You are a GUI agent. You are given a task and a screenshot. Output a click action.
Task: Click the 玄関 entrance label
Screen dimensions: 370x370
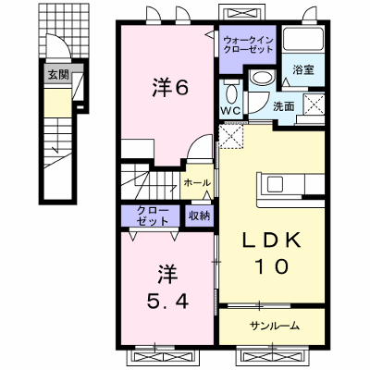(58, 74)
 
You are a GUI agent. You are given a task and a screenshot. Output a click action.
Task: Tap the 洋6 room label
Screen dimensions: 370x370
(170, 88)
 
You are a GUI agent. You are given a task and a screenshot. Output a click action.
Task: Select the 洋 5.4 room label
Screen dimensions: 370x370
(167, 288)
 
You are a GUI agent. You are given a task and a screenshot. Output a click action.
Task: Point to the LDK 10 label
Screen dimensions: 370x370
(271, 253)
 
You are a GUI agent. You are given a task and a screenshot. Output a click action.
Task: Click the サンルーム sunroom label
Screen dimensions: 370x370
(275, 326)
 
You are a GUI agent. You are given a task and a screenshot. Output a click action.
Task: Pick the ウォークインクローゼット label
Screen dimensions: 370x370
(248, 44)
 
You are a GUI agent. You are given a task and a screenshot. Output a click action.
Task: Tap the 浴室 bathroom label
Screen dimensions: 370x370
(303, 70)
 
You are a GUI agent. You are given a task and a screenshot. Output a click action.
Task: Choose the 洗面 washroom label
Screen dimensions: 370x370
(284, 107)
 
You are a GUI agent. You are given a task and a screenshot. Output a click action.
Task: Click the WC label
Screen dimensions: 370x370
(231, 111)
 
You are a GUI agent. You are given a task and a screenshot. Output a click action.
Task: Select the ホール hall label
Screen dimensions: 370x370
(197, 183)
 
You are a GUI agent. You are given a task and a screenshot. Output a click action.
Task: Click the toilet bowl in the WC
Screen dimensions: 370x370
(231, 92)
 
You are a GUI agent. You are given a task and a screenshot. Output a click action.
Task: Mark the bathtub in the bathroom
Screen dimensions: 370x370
(302, 39)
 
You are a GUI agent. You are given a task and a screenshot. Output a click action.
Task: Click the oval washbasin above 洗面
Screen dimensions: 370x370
(262, 77)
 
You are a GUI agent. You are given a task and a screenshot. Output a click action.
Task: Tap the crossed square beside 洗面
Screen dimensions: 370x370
(314, 105)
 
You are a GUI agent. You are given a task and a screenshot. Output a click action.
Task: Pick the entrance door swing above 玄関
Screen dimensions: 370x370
(58, 45)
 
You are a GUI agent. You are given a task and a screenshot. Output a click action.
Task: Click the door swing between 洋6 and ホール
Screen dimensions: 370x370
(200, 147)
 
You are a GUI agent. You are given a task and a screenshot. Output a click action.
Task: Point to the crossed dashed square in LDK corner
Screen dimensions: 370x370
(231, 136)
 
